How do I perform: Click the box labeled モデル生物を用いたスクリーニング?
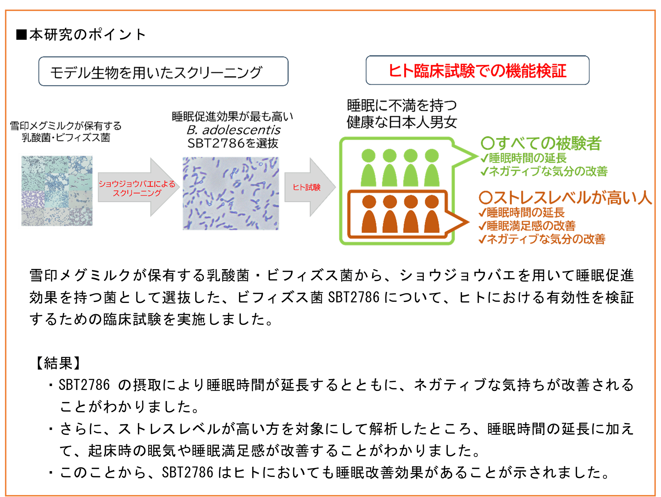tap(163, 72)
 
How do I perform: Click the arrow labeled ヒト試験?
tap(308, 187)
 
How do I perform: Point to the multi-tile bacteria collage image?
tap(56, 191)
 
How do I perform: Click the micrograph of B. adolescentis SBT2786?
tap(231, 193)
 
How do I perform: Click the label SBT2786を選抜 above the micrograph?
tap(233, 143)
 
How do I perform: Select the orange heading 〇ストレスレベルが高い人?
tap(565, 198)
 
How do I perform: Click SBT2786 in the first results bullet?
tap(84, 385)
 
